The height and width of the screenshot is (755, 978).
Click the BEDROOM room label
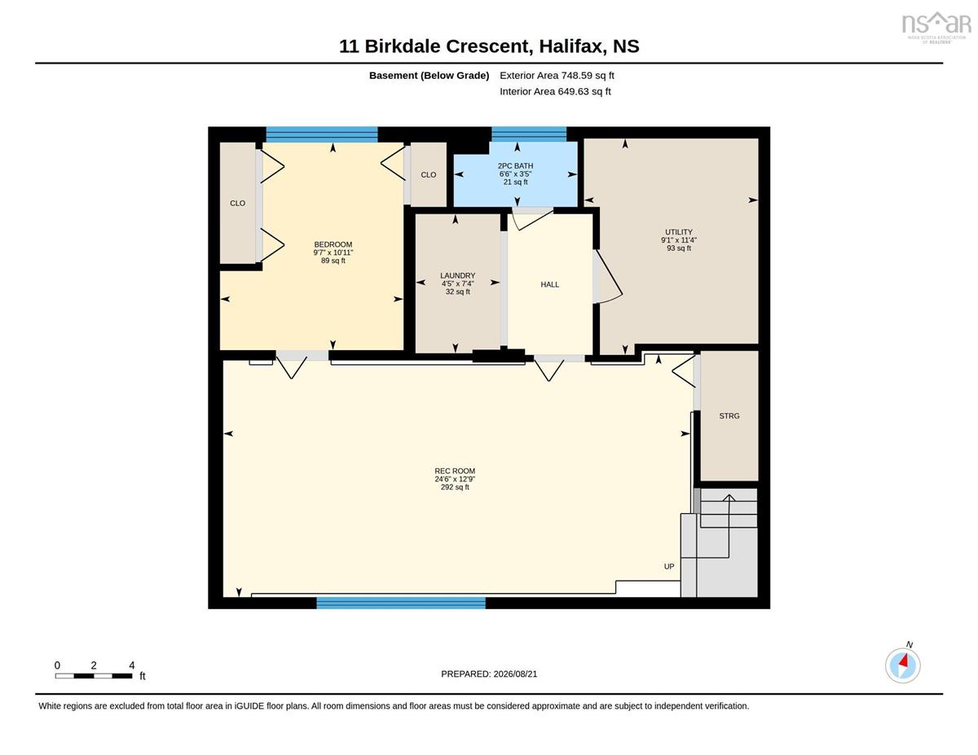tap(333, 244)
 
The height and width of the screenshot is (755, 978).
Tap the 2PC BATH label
tap(515, 166)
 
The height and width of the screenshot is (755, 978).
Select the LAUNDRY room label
tap(458, 275)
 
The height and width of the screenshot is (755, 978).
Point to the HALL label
tap(549, 284)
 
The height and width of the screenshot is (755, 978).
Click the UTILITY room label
tap(679, 232)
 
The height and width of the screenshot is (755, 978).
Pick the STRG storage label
tap(729, 416)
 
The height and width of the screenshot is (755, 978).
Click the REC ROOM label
tap(455, 471)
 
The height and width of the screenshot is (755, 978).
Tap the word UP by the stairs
tap(669, 567)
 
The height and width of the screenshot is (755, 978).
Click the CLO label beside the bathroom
tap(429, 174)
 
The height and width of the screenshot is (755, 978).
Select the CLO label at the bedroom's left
tap(238, 204)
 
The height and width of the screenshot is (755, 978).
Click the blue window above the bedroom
tap(322, 134)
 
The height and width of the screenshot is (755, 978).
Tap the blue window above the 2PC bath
tap(529, 134)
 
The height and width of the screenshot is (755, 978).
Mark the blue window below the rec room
tap(401, 603)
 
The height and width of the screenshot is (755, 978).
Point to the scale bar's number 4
tap(132, 665)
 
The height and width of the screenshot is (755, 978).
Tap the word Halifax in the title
tap(570, 46)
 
